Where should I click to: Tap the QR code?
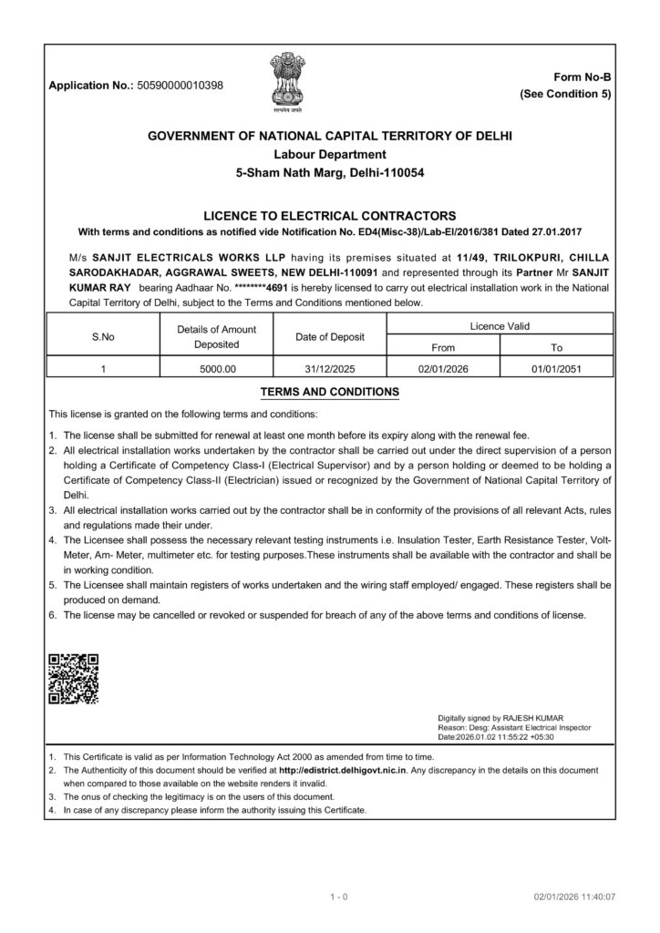tap(74, 680)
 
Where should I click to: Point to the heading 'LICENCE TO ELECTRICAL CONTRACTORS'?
tap(329, 216)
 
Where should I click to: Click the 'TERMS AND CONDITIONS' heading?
tap(329, 392)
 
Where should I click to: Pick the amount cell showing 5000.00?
tap(217, 369)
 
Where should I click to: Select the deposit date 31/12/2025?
tap(330, 369)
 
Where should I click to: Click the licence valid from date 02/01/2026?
tap(442, 369)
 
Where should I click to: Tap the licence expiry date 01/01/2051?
tap(557, 369)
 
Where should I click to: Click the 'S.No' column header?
tap(103, 336)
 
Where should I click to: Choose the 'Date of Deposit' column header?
tap(330, 336)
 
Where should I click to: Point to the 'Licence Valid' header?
tap(500, 325)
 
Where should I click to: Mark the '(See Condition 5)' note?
tap(565, 94)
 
